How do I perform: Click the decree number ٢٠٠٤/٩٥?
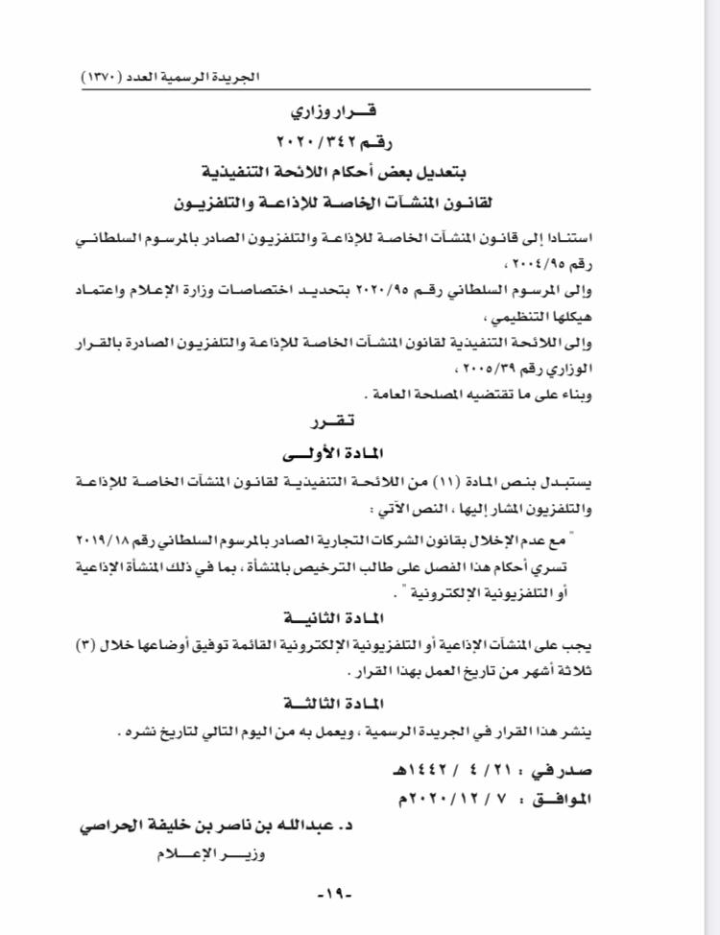[609, 259]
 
